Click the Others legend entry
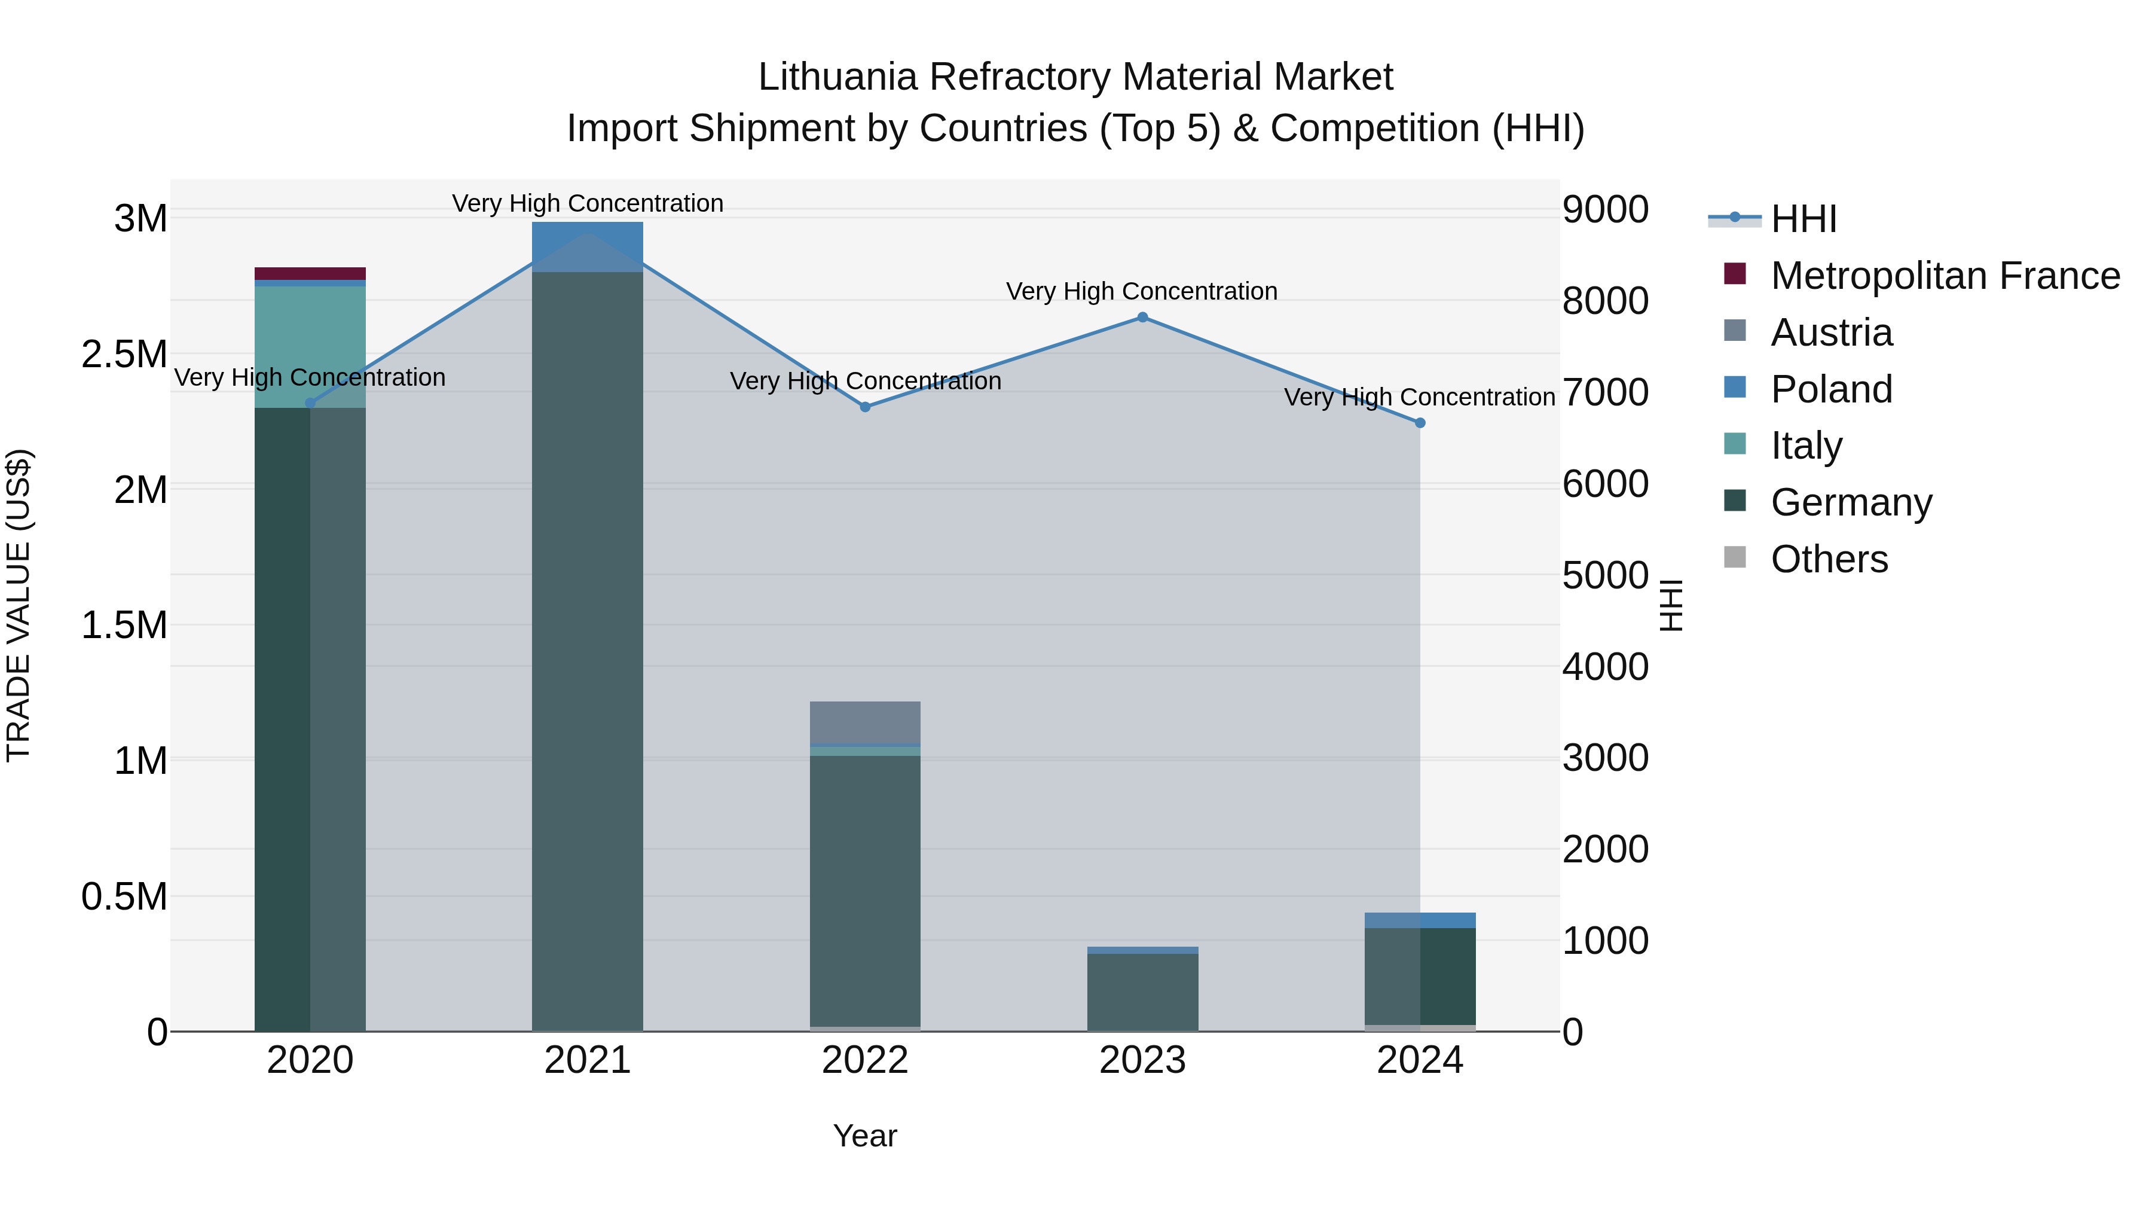pos(1829,559)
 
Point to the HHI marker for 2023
pos(1142,318)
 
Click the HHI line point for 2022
pos(864,407)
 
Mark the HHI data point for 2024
pos(1419,423)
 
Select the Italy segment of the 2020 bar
pos(310,347)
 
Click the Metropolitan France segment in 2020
pos(310,274)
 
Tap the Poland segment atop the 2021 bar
pos(587,246)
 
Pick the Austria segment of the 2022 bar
pos(864,722)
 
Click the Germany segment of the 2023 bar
pos(1142,992)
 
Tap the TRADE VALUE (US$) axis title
pos(19,605)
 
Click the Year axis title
pos(864,1136)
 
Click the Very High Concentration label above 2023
pos(1141,292)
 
